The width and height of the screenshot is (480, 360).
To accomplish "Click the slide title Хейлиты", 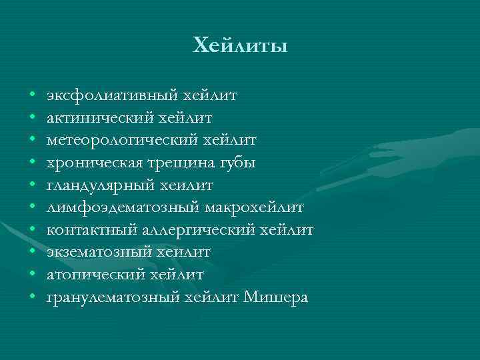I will [240, 46].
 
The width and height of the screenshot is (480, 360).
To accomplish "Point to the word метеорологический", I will [105, 140].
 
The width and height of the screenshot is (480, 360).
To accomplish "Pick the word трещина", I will [165, 163].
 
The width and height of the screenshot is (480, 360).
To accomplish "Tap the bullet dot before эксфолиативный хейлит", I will [32, 95].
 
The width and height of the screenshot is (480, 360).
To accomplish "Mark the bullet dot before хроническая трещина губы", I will [32, 163].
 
